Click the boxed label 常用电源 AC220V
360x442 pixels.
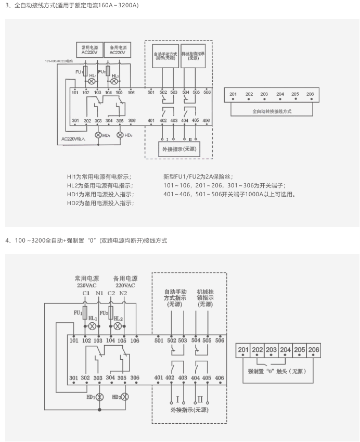point(89,49)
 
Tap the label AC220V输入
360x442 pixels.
point(73,139)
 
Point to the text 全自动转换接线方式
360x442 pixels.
point(272,111)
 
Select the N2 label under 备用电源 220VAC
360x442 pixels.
point(123,293)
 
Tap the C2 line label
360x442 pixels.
point(111,293)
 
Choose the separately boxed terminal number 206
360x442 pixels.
point(313,350)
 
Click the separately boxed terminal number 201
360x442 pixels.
point(243,350)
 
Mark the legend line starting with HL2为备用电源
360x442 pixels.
point(100,185)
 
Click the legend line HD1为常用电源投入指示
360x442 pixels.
point(100,194)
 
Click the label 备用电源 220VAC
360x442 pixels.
point(125,282)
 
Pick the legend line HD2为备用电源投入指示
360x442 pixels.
point(100,203)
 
